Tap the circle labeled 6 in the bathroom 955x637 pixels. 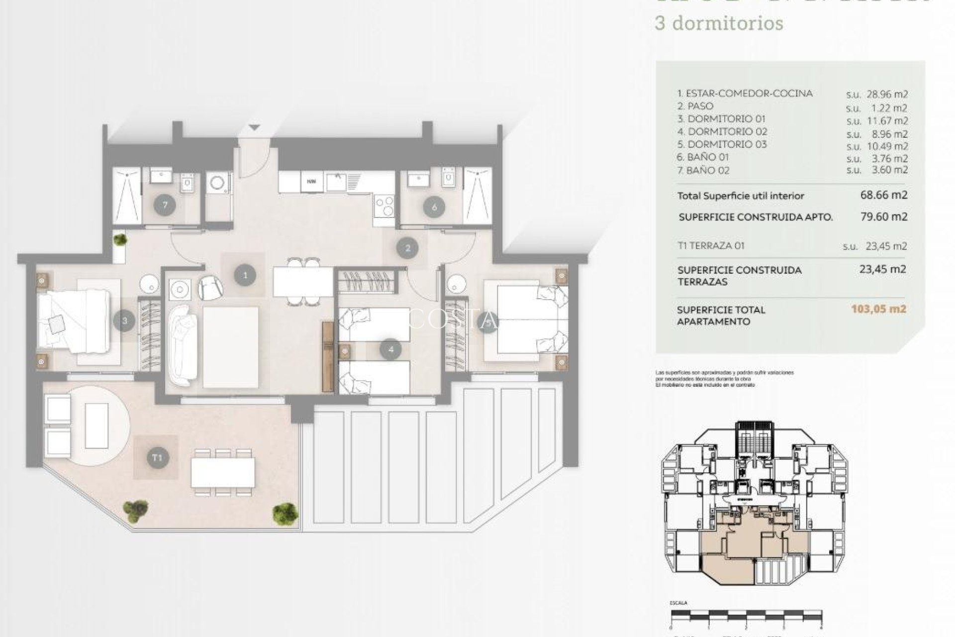click(x=434, y=207)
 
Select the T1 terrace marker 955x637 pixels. click(x=157, y=457)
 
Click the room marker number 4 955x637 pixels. click(x=390, y=350)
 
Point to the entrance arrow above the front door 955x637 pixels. click(x=254, y=128)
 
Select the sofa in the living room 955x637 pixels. click(x=182, y=346)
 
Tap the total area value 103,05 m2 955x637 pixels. click(x=878, y=309)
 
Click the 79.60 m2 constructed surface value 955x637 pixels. click(x=883, y=216)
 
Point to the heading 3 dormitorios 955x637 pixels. click(x=719, y=23)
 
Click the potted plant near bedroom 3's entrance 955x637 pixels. click(x=119, y=240)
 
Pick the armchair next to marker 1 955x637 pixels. click(x=210, y=288)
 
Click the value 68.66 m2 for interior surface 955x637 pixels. click(x=883, y=195)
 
